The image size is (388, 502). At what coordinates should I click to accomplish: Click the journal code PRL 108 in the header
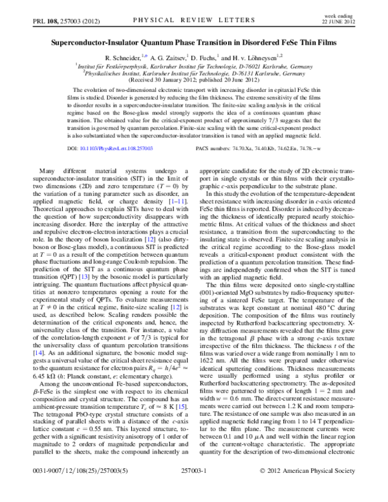[44, 21]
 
